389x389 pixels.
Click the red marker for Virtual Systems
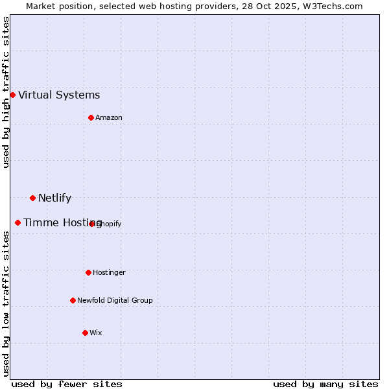click(12, 95)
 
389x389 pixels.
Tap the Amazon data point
click(91, 117)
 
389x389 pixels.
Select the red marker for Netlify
click(32, 198)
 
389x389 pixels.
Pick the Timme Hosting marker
click(18, 222)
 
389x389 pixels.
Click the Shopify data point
click(92, 224)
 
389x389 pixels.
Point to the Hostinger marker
click(88, 272)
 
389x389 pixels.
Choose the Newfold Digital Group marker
click(73, 300)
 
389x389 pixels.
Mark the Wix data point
click(85, 333)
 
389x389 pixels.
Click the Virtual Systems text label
click(59, 95)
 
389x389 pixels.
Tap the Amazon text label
click(109, 117)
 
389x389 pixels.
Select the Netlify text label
click(54, 198)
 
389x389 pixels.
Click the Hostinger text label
click(109, 272)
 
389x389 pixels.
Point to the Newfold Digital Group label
click(115, 300)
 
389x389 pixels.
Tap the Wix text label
click(96, 333)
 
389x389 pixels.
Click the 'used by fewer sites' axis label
click(66, 384)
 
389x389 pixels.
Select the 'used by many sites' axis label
click(325, 384)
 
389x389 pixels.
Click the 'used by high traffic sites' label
click(6, 92)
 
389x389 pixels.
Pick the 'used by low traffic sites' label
click(6, 303)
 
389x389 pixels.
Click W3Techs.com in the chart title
click(331, 6)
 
